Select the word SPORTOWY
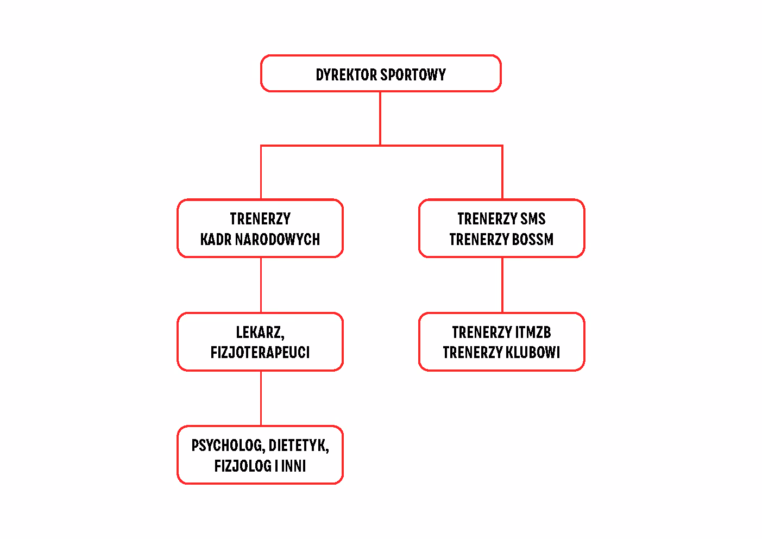[x=413, y=74]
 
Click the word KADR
[x=216, y=239]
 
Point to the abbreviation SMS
[x=532, y=218]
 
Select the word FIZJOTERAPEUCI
[x=260, y=353]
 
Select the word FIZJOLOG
[x=243, y=466]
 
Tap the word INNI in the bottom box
[x=293, y=466]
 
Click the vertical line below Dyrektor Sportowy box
[x=380, y=118]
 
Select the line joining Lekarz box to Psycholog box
[x=261, y=398]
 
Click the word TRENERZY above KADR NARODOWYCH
[x=260, y=218]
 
